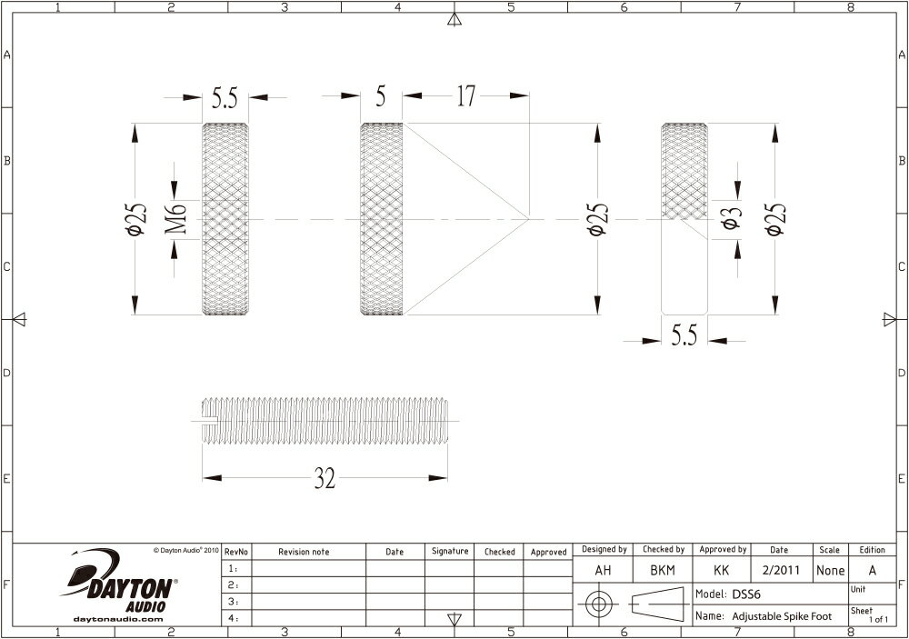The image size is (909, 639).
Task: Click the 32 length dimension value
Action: click(325, 480)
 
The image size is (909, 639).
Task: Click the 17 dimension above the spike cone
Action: click(466, 96)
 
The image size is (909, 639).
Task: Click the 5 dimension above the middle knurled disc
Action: click(381, 96)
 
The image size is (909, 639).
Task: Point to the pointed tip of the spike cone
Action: click(529, 218)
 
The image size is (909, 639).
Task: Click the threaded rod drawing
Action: click(327, 420)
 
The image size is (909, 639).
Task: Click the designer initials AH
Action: click(602, 571)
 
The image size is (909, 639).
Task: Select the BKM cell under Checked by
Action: click(664, 571)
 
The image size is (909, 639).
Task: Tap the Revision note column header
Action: click(304, 552)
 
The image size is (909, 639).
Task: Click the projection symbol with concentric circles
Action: click(597, 604)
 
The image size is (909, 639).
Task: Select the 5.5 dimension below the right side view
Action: click(684, 336)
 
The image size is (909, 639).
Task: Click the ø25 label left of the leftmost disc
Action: click(136, 218)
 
